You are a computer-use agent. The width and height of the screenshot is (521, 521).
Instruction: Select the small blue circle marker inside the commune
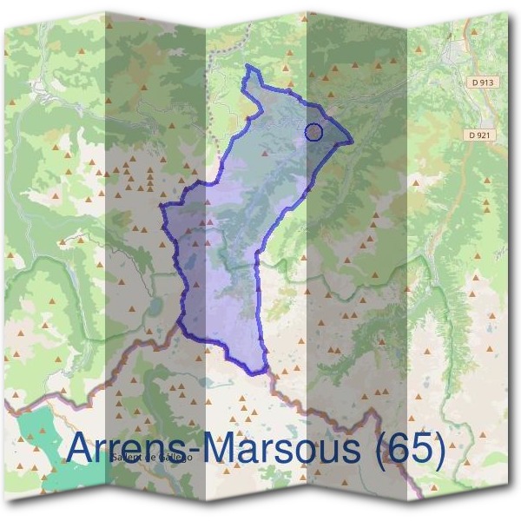[x=314, y=132]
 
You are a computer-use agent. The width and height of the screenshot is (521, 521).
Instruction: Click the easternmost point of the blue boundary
[x=353, y=140]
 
